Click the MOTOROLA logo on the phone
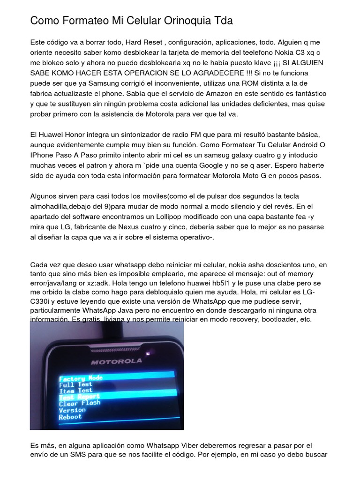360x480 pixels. click(x=116, y=361)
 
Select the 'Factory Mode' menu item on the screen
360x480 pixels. click(x=81, y=378)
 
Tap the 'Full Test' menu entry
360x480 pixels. click(x=75, y=384)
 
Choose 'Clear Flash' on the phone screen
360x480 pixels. click(x=80, y=403)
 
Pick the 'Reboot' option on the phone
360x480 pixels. click(x=70, y=417)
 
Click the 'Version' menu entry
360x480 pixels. click(x=72, y=410)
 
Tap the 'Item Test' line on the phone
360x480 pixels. click(x=75, y=390)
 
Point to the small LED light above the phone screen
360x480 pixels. click(x=149, y=352)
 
